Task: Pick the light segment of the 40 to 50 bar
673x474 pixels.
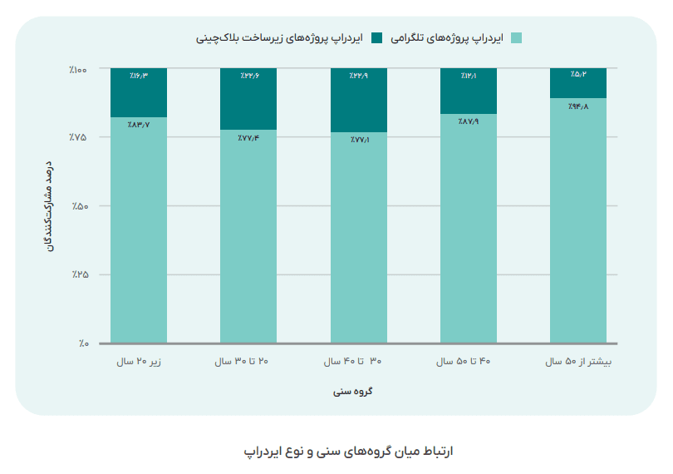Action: click(468, 229)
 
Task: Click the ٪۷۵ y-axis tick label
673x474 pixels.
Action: click(80, 137)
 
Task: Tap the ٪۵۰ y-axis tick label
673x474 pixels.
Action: click(80, 206)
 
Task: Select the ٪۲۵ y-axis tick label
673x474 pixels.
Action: click(80, 274)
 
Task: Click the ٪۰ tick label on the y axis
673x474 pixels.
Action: click(84, 343)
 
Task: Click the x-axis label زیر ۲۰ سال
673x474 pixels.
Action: click(140, 363)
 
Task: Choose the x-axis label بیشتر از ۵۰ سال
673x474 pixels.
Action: click(577, 363)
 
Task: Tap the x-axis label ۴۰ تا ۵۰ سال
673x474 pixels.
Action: click(468, 363)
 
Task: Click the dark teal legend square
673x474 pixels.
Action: click(376, 37)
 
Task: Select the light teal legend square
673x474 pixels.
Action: click(517, 37)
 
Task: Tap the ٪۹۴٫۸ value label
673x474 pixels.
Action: click(578, 107)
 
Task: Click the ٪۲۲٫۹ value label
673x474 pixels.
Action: click(358, 76)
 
